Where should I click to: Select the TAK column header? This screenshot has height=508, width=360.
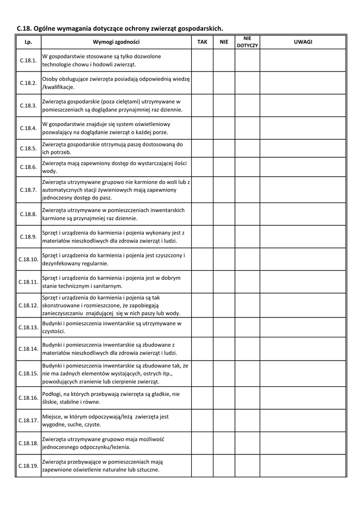click(x=202, y=42)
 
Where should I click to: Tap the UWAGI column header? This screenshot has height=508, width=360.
click(x=302, y=42)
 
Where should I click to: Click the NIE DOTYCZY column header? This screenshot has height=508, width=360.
click(x=247, y=42)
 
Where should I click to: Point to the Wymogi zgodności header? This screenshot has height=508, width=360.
click(x=116, y=42)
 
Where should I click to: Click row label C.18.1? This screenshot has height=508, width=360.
click(x=28, y=61)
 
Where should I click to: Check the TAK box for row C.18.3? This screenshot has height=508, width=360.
click(x=202, y=106)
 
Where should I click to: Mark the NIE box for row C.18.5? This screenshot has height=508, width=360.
click(x=224, y=148)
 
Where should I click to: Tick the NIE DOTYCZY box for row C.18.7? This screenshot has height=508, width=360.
click(x=247, y=190)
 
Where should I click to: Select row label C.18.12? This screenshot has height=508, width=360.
click(x=28, y=305)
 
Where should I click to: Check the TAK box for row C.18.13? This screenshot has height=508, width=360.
click(x=202, y=327)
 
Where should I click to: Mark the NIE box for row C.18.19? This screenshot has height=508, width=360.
click(x=224, y=466)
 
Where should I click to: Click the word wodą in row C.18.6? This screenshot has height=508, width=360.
click(x=50, y=171)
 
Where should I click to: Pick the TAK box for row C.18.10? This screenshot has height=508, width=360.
click(x=202, y=259)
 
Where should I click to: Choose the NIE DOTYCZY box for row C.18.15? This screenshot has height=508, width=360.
click(x=247, y=373)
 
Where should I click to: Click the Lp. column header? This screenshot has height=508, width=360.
click(x=28, y=42)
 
